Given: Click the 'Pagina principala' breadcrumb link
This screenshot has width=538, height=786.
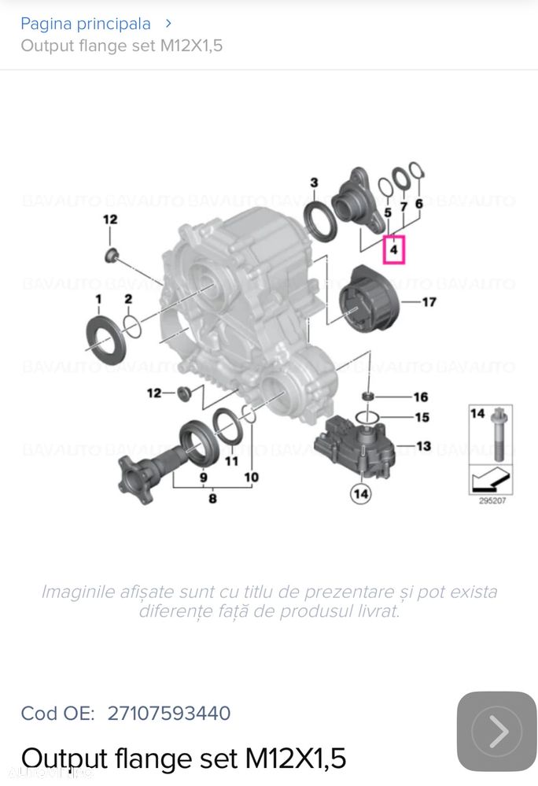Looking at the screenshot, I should [85, 24].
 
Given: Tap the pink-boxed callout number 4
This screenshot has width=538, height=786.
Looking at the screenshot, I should [394, 251].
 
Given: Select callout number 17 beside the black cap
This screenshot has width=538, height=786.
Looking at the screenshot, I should [429, 301].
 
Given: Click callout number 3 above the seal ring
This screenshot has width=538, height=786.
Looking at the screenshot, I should [314, 183].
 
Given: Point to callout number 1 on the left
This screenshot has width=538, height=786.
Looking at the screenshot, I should [99, 299].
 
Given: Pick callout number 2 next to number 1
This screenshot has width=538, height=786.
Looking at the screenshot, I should [128, 299].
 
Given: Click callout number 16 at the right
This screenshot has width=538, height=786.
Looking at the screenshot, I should [421, 397].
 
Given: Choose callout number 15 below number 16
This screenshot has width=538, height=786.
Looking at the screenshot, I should [422, 417].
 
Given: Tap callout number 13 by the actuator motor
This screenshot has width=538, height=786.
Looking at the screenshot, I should [423, 446].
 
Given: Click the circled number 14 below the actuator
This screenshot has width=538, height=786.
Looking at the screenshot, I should [361, 493].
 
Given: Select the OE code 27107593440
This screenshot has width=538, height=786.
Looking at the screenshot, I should [169, 714].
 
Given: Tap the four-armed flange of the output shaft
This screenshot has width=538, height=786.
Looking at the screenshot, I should [133, 474].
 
